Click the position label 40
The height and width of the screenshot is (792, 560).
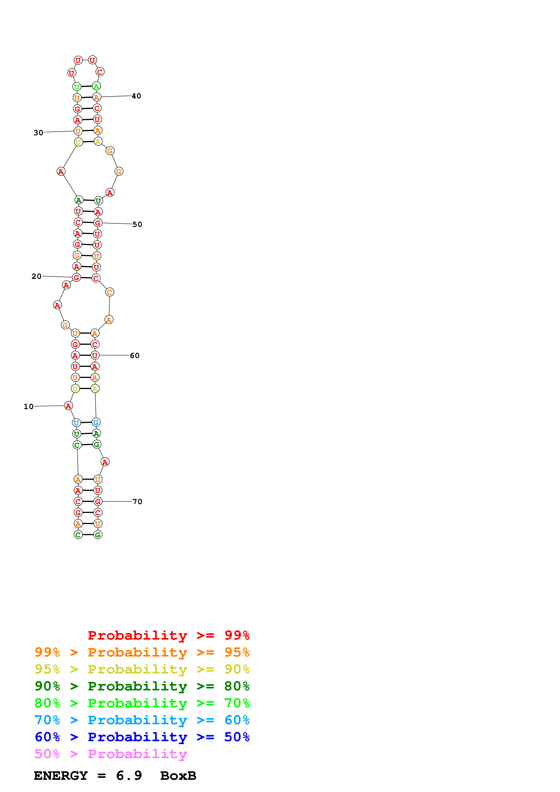136,96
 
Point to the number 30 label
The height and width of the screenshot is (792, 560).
38,133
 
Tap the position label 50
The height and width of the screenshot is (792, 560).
137,225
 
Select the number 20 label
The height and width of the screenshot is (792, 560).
36,276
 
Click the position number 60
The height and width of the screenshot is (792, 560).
135,356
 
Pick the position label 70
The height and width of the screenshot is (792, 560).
137,502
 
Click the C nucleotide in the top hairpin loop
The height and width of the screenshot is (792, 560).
100,72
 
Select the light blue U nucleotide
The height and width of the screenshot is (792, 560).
76,423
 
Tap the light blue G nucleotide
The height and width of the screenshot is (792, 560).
96,422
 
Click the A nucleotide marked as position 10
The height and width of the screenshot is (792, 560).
68,406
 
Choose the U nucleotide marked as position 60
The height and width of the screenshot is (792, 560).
95,355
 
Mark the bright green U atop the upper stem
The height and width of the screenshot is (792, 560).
77,86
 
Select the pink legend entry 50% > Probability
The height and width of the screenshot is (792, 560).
110,754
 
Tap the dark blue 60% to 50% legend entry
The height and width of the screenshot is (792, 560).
142,737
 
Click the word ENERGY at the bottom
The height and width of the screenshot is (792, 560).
61,776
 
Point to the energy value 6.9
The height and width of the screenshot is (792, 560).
129,776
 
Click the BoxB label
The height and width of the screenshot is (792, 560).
178,776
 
